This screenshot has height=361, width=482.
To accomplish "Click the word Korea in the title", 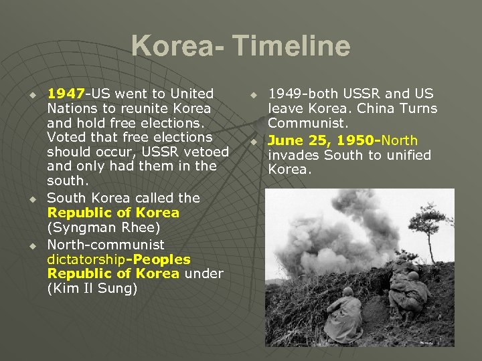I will click(172, 47).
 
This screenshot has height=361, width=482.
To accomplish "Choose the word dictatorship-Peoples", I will click(118, 259).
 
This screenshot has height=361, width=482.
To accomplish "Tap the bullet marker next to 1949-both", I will click(254, 95).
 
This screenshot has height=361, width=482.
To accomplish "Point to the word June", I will click(286, 140).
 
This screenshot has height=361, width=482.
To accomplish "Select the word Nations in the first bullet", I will click(72, 108).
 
